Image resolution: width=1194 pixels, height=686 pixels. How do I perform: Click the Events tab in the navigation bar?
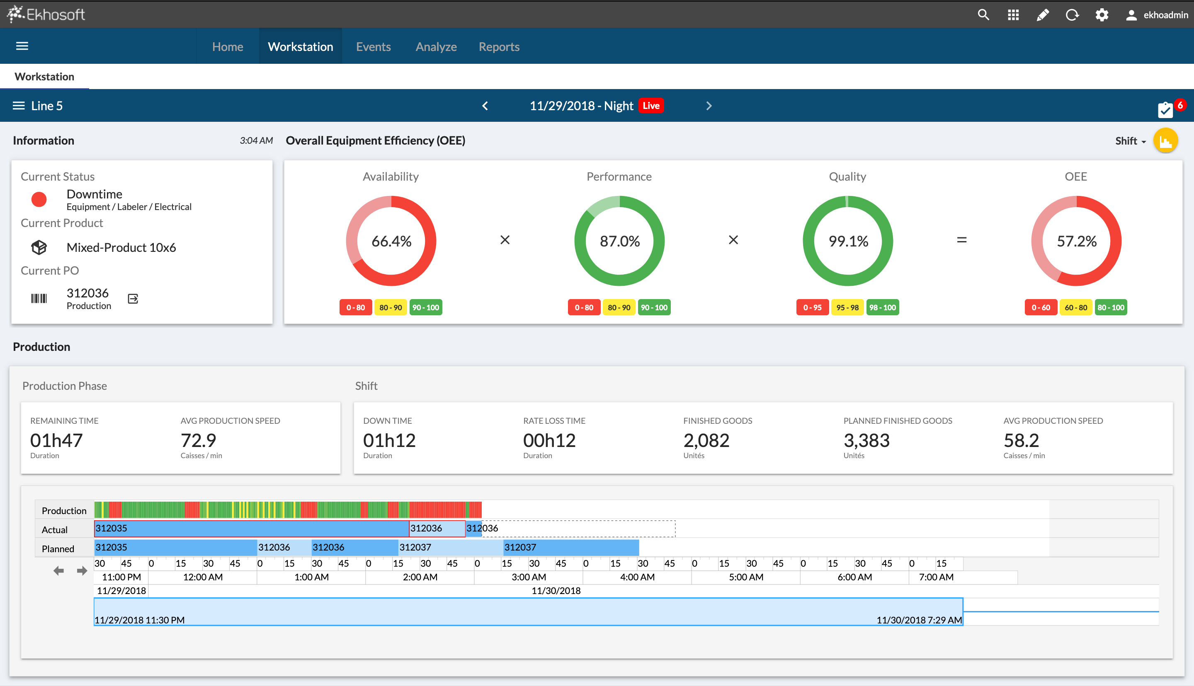tap(373, 47)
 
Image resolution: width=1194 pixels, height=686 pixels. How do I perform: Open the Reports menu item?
tap(499, 47)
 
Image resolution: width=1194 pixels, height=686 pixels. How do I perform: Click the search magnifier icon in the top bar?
tap(983, 14)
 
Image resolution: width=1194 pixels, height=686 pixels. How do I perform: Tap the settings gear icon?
tap(1102, 14)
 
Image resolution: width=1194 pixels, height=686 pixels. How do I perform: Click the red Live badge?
tap(651, 106)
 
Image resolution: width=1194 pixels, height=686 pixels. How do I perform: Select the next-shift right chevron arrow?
tap(709, 106)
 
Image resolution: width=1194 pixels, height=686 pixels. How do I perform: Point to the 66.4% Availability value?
tap(391, 241)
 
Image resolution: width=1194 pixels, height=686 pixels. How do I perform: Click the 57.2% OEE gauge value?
tap(1076, 241)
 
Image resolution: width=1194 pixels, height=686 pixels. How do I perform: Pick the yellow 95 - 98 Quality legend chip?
tap(847, 308)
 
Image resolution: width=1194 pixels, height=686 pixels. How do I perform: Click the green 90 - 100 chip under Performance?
tap(654, 308)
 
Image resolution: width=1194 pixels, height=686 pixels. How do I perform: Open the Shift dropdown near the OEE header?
tap(1130, 141)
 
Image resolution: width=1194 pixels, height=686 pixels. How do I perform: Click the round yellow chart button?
tap(1165, 141)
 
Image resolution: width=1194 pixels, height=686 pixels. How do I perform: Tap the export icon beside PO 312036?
tap(133, 299)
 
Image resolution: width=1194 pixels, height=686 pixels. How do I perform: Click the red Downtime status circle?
tap(39, 199)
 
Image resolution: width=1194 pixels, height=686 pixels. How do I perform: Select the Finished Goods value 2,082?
tap(706, 440)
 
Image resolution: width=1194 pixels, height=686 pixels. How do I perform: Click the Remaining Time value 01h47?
tap(56, 440)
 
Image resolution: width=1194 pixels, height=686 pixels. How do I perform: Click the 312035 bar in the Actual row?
tap(251, 528)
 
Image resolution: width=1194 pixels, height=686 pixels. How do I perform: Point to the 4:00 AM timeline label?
tap(637, 577)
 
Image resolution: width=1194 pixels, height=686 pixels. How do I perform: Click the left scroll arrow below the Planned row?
tap(58, 571)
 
